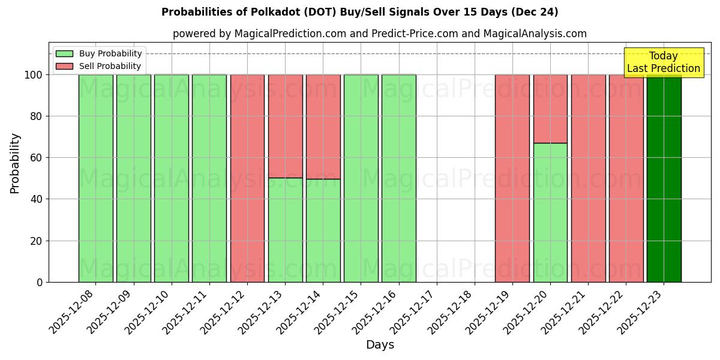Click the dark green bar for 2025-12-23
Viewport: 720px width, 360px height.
pos(664,178)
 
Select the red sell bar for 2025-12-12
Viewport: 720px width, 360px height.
pos(247,178)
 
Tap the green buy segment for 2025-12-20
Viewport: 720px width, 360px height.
pos(550,212)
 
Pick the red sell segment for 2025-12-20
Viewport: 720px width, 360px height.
pos(550,109)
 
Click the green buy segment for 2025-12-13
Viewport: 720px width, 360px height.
pos(285,230)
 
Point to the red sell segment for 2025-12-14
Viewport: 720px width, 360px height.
pos(323,127)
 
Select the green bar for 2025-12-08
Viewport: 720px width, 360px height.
pos(95,178)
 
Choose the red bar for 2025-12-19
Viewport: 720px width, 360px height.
pos(512,178)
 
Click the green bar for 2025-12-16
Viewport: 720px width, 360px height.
pos(398,178)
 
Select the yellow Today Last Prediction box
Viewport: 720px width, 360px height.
pos(664,62)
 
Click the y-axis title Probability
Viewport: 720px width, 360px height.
pos(15,163)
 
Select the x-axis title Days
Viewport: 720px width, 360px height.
pos(380,344)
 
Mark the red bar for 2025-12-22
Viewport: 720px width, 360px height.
pos(626,178)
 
